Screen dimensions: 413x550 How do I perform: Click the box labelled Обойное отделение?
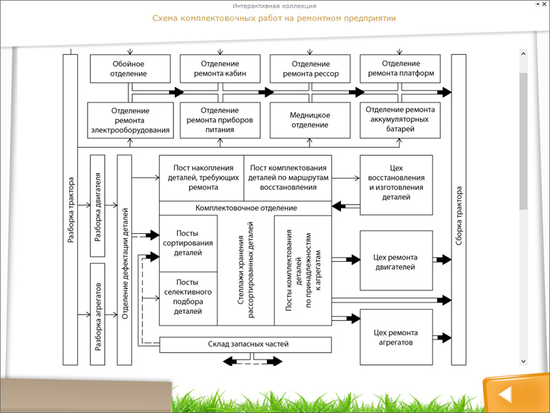tap(130, 68)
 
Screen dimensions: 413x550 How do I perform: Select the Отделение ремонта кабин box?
tap(220, 68)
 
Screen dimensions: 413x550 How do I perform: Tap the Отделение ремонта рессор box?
tap(310, 68)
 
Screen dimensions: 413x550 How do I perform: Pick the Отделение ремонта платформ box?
tap(400, 68)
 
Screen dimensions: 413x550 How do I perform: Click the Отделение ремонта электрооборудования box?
tap(131, 120)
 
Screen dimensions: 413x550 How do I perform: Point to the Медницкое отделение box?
tap(310, 120)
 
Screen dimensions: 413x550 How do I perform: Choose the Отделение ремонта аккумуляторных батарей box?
tap(400, 120)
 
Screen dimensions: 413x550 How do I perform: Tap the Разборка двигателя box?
tap(98, 205)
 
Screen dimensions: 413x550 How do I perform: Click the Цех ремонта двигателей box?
tap(396, 261)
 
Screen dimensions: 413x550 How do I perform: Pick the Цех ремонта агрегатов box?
tap(396, 337)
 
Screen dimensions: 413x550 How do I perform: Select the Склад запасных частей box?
tap(245, 345)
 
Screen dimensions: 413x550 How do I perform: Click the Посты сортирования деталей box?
tap(188, 243)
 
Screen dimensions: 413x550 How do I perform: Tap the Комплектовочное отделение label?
tap(245, 208)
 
